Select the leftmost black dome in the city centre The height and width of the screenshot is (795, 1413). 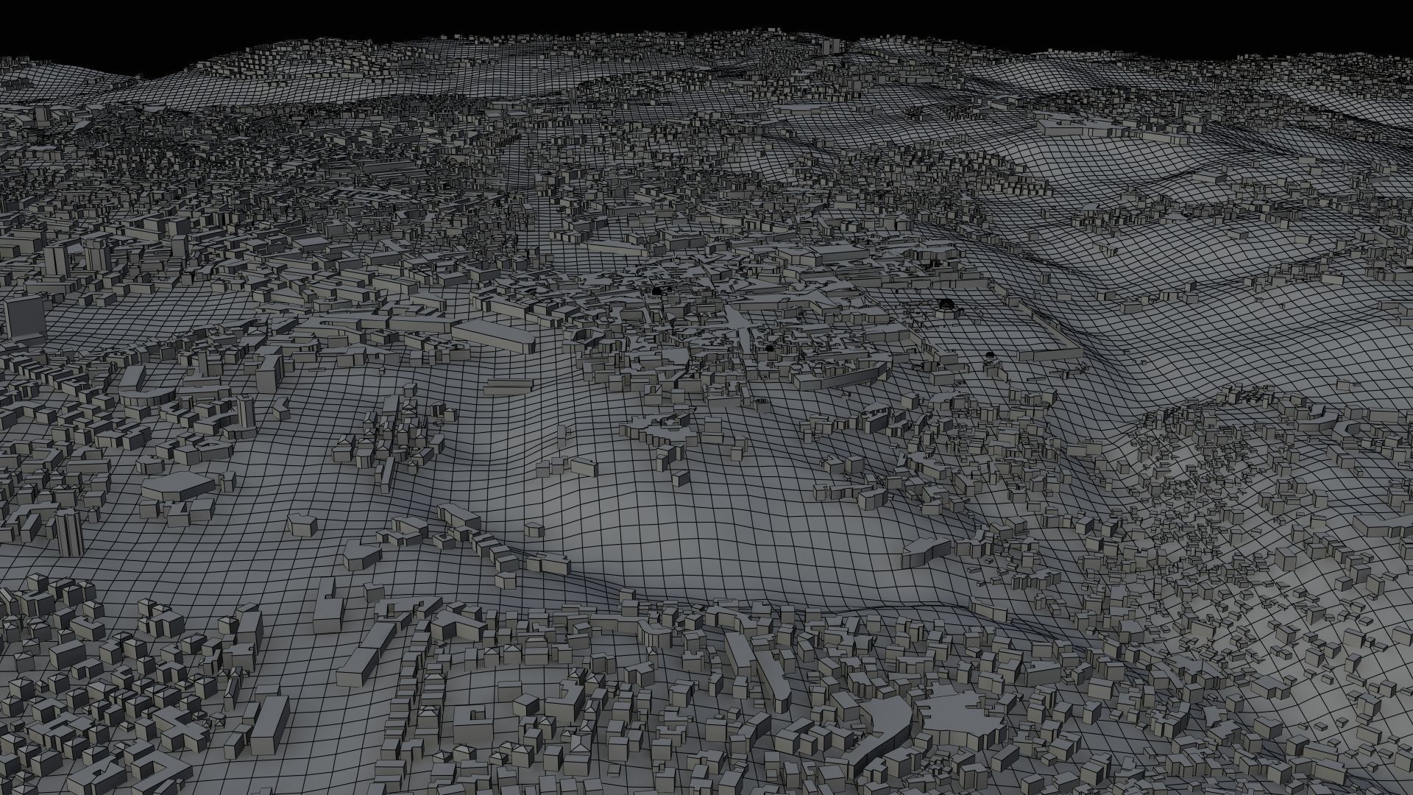pos(655,292)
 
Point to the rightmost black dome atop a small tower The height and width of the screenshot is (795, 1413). pos(990,356)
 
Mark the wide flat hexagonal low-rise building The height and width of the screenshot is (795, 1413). pos(177,486)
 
